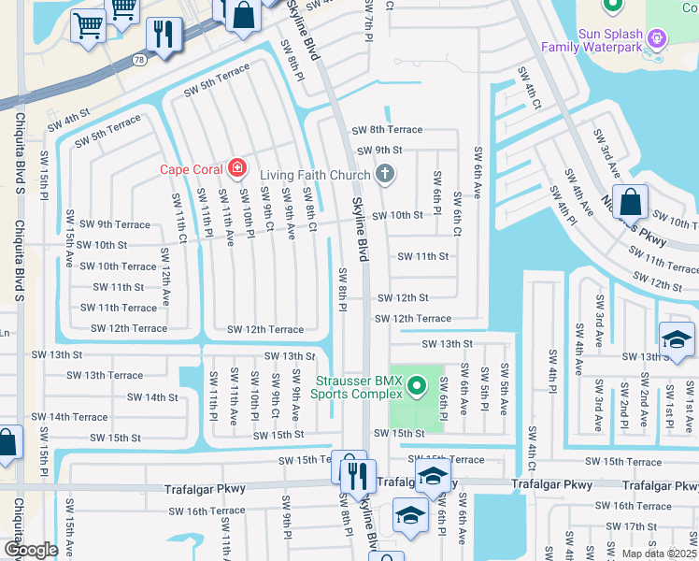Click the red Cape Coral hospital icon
pos(237,169)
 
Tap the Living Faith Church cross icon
pos(384,174)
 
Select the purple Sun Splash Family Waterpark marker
pos(658,38)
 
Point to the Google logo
pos(31,550)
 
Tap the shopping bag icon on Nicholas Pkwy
pos(631,202)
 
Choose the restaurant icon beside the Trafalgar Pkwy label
pos(359,475)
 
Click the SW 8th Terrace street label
pos(386,130)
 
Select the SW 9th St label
pos(377,150)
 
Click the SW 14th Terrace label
pos(69,417)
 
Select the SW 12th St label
pos(403,298)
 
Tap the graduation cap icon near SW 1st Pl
pos(677,339)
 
